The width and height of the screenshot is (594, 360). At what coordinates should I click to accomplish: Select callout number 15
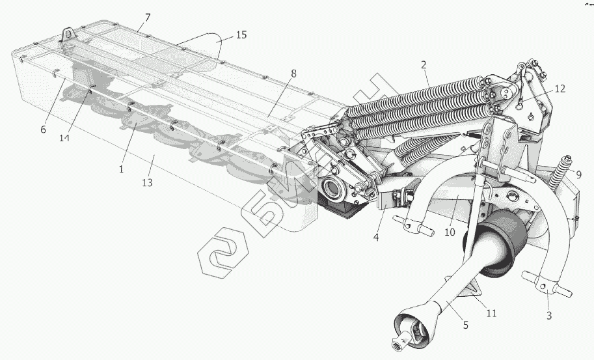[x=241, y=35]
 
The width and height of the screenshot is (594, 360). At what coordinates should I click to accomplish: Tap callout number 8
[x=293, y=74]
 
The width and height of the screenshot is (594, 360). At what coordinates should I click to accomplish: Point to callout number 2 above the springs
[x=424, y=64]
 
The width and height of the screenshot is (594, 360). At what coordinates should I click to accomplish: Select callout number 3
[x=548, y=316]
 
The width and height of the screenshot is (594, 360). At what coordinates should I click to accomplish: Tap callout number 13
[x=147, y=183]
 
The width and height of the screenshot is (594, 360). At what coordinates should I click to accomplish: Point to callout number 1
[x=121, y=169]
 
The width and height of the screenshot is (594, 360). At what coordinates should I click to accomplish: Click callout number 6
[x=44, y=129]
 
